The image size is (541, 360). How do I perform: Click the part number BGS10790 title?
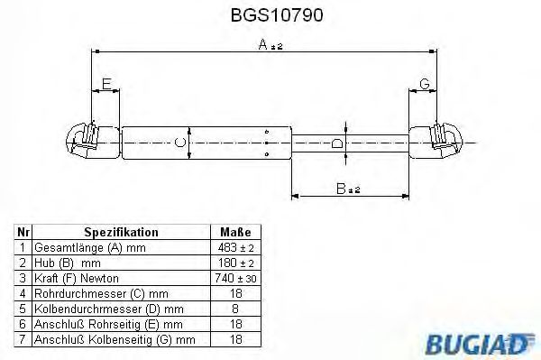(277, 15)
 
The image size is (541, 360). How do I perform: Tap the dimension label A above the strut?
(263, 44)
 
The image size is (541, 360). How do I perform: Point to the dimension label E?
(106, 84)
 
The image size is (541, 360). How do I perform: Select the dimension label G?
(425, 84)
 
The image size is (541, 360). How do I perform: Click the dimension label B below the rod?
(341, 189)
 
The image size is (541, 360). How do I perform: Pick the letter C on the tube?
(180, 143)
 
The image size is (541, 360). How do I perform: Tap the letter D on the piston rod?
(336, 143)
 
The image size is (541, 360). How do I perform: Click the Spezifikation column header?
(121, 232)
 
